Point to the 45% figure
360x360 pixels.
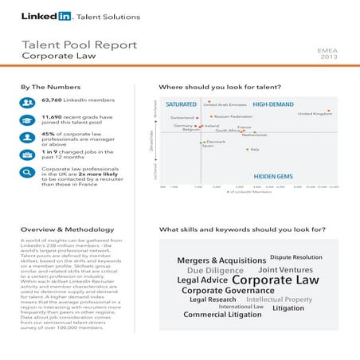tap(48, 135)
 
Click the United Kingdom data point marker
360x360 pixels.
tap(328, 111)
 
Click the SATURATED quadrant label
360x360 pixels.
tap(181, 104)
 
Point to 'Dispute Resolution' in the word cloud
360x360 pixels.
tap(296, 257)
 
